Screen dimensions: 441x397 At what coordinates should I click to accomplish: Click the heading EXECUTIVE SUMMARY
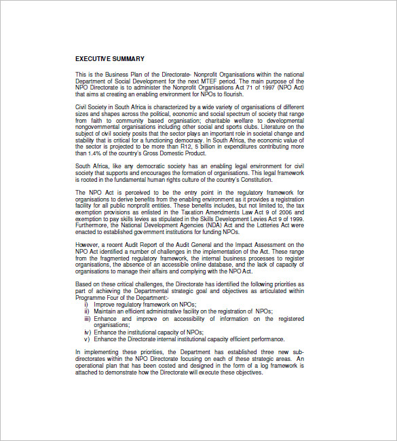[x=109, y=59]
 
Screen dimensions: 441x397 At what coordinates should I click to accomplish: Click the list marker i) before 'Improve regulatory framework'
[x=86, y=304]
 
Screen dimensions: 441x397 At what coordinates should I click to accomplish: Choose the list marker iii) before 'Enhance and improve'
[x=87, y=318]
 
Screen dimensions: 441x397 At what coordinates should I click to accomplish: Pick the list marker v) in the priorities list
[x=87, y=339]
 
